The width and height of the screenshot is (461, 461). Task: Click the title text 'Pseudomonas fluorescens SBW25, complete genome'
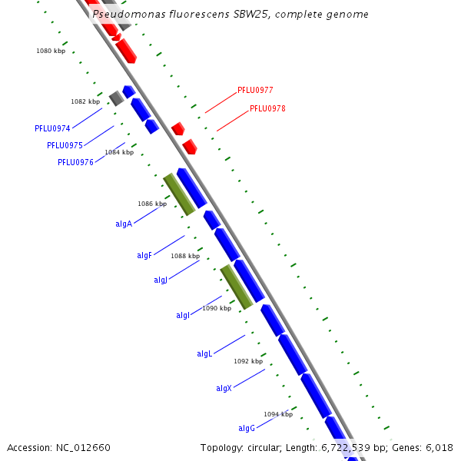click(x=230, y=15)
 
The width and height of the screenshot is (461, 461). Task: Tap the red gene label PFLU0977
click(x=255, y=90)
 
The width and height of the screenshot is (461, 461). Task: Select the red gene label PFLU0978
click(x=267, y=109)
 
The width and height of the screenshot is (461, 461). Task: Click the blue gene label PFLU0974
click(x=52, y=128)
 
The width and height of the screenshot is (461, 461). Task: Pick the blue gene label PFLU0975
click(x=65, y=145)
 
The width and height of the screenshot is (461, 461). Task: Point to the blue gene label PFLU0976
click(x=75, y=162)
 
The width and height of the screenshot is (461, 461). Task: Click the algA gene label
click(x=124, y=224)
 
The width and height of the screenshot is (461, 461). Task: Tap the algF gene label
click(x=144, y=255)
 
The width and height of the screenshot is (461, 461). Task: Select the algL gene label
click(x=204, y=354)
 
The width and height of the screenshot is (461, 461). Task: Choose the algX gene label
click(x=224, y=389)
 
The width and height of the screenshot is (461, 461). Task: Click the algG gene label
click(x=247, y=428)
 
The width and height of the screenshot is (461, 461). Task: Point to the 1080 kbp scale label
click(x=51, y=51)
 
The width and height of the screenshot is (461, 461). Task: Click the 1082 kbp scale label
click(x=85, y=101)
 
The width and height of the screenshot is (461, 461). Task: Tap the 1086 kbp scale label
click(x=152, y=204)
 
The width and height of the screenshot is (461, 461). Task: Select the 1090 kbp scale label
click(x=217, y=308)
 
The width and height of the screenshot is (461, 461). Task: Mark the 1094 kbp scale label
click(x=278, y=414)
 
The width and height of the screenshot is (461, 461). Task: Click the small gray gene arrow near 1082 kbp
click(x=116, y=98)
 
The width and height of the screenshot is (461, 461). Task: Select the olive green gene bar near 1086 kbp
click(x=178, y=194)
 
